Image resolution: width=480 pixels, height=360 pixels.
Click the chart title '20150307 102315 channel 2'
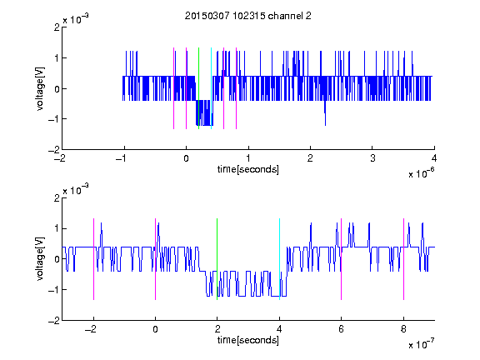[x=248, y=16]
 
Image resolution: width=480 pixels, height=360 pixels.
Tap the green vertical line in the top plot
[x=198, y=88]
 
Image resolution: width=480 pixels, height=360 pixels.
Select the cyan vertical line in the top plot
[x=211, y=88]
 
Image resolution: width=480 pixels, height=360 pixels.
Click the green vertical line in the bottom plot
[x=217, y=259]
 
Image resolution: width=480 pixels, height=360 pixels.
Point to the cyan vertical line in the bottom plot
[x=279, y=259]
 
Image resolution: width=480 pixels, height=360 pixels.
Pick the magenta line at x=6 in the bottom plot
[x=342, y=259]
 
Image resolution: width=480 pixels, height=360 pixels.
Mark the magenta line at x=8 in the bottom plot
[x=404, y=259]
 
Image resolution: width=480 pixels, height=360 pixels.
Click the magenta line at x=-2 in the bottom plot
[x=93, y=259]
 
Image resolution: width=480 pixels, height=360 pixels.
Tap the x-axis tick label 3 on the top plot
[x=372, y=158]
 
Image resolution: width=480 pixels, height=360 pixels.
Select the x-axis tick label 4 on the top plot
[x=434, y=158]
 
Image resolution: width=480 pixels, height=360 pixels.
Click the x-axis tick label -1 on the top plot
[x=122, y=158]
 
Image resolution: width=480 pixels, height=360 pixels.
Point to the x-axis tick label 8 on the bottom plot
[x=403, y=329]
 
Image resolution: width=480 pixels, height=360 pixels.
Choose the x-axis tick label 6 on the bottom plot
[x=342, y=329]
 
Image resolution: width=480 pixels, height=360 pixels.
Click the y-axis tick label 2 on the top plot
[x=57, y=27]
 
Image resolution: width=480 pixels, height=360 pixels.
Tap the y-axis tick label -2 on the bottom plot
[x=54, y=321]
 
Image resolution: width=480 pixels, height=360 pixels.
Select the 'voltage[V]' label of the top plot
[x=40, y=89]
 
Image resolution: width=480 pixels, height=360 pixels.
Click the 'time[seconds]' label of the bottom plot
[x=248, y=340]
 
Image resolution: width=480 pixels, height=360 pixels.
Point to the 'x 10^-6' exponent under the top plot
[x=421, y=173]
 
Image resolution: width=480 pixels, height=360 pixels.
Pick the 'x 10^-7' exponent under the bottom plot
[x=421, y=344]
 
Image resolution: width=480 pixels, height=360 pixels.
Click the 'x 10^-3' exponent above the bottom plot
[x=76, y=190]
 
